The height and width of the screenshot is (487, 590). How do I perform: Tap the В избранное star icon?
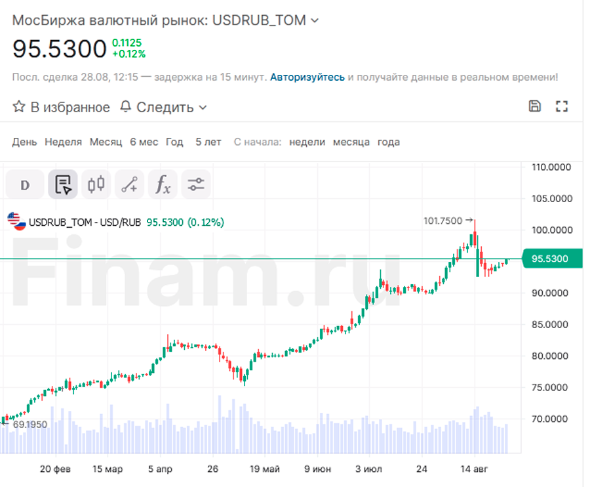tap(19, 106)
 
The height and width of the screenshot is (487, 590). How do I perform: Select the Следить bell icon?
tap(126, 106)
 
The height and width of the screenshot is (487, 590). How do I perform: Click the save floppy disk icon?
tap(535, 106)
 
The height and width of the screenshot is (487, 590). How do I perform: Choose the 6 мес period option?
tap(144, 142)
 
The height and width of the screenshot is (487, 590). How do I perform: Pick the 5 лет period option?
tap(208, 142)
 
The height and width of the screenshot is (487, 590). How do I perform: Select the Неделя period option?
tap(63, 142)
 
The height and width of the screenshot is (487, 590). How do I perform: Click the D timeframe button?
tap(26, 184)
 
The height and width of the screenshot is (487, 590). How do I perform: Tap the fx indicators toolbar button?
tap(163, 184)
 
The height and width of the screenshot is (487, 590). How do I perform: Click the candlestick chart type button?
tap(96, 184)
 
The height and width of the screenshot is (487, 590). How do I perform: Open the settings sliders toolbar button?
tap(195, 184)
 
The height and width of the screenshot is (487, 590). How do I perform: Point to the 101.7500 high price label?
tap(442, 221)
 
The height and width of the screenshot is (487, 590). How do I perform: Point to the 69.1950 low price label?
tap(29, 425)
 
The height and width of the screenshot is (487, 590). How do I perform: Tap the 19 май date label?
tap(265, 469)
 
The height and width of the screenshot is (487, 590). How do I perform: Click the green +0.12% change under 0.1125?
tap(128, 54)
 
